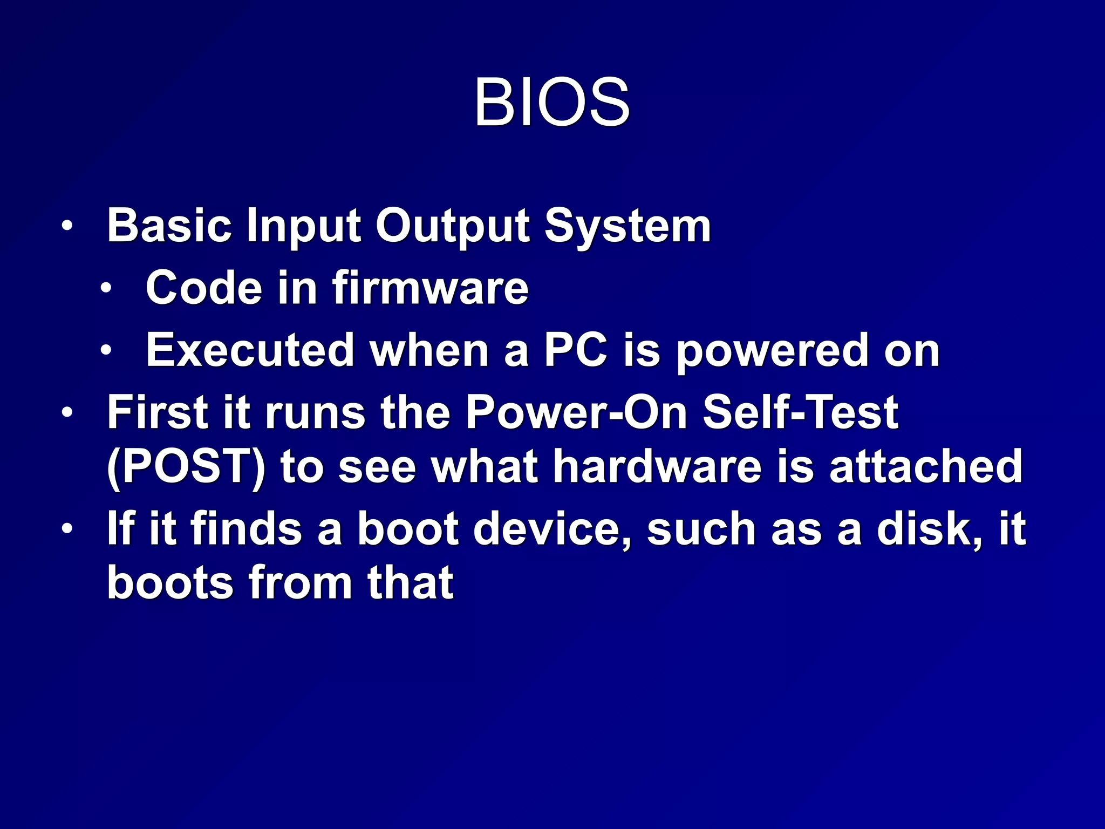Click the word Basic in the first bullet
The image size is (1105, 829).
pyautogui.click(x=169, y=226)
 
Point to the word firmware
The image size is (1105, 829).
pyautogui.click(x=430, y=288)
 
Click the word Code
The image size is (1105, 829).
pyautogui.click(x=204, y=288)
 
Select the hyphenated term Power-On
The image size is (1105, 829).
pyautogui.click(x=576, y=413)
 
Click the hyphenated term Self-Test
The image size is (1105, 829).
pyautogui.click(x=800, y=413)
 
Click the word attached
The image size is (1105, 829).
pyautogui.click(x=925, y=467)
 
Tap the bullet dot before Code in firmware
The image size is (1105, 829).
pyautogui.click(x=106, y=288)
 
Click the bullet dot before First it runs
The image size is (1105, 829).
pyautogui.click(x=66, y=413)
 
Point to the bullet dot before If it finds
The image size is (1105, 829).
pyautogui.click(x=66, y=528)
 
